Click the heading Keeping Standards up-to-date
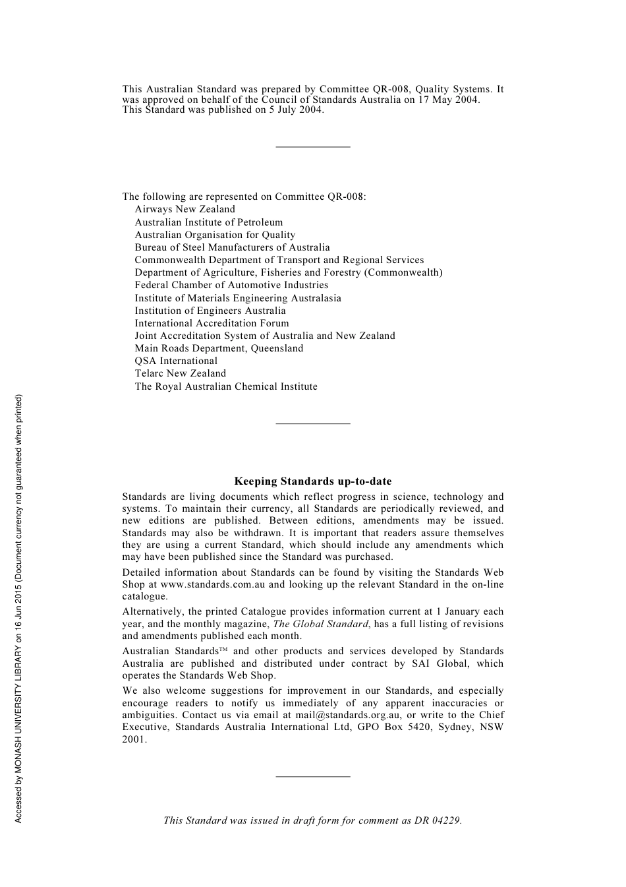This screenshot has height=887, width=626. (312, 481)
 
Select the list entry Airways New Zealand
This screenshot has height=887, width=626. (185, 209)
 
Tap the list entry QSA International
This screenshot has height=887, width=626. (176, 361)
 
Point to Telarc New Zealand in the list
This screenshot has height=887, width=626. (180, 373)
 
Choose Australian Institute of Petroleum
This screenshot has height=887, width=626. (208, 222)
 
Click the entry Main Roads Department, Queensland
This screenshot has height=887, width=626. (219, 348)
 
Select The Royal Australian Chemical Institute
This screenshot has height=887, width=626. (226, 386)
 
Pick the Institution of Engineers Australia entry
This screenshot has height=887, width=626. (210, 311)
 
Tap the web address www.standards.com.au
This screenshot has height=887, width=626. (213, 584)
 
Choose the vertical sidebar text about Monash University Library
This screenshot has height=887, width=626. (18, 609)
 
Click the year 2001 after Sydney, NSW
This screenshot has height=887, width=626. (134, 739)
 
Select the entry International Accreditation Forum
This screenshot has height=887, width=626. (212, 323)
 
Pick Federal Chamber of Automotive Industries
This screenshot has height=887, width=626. (231, 285)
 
